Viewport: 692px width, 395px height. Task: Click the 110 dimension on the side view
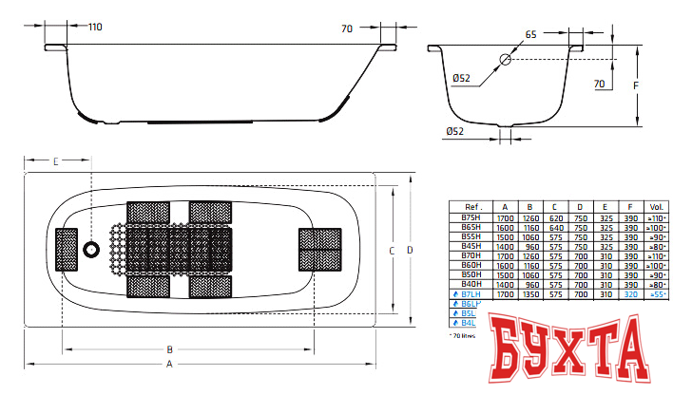point(95,27)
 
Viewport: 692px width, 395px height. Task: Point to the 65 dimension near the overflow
point(530,34)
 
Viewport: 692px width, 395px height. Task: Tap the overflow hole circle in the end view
point(506,59)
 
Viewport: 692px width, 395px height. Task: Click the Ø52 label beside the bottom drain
point(455,131)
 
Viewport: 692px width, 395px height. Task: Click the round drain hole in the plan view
point(91,250)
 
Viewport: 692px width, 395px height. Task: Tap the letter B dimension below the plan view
point(169,348)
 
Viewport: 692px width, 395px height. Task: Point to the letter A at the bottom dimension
point(169,364)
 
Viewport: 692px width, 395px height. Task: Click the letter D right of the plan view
point(410,250)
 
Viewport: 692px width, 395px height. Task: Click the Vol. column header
point(657,206)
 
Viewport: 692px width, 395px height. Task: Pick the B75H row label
point(471,216)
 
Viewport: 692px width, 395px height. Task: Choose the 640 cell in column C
point(555,228)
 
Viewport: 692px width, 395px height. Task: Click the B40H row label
point(471,285)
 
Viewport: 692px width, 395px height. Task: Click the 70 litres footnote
point(465,336)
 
